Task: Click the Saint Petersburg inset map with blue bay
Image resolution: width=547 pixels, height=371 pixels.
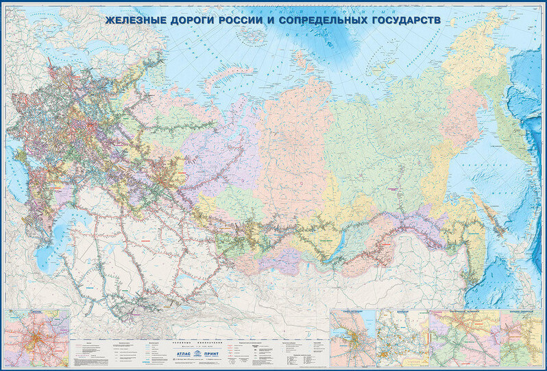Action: [354, 338]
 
